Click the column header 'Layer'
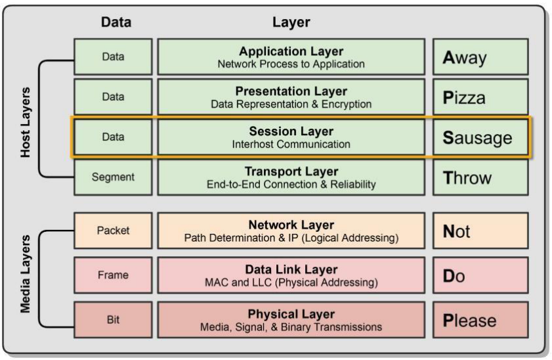click(291, 22)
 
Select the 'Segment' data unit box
click(113, 177)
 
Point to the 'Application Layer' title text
click(291, 51)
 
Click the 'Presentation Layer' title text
click(291, 91)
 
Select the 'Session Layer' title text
click(291, 131)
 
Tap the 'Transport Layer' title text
click(291, 171)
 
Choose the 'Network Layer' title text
click(291, 225)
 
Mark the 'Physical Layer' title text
click(291, 314)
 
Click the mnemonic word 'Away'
click(463, 58)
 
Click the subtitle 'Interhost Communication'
click(291, 144)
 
